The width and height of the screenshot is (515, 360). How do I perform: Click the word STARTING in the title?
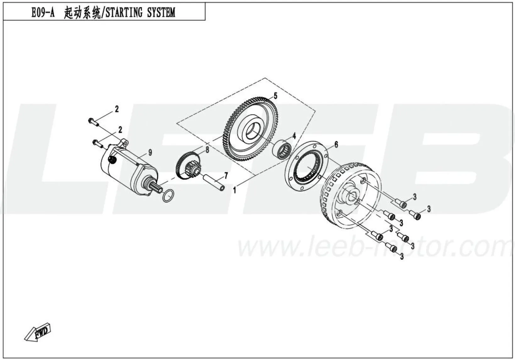pos(124,13)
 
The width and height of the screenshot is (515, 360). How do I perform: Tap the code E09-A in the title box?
pos(42,13)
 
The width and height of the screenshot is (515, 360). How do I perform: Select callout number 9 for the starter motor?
pos(150,152)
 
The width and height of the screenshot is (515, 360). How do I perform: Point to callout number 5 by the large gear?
pos(275,96)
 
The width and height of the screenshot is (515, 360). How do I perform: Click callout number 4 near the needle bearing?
pos(294,136)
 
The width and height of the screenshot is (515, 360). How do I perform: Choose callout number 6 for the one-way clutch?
pos(336,145)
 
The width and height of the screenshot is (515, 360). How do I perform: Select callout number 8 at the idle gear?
pos(207,150)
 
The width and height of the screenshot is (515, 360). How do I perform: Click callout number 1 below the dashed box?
pos(234,190)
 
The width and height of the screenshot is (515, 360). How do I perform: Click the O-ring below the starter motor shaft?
pos(168,196)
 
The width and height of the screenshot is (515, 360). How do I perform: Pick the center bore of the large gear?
pos(253,130)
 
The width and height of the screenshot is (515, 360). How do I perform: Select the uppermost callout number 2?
pos(117,109)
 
